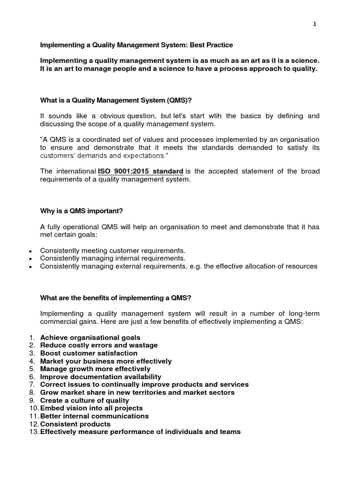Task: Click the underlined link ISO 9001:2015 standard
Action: point(140,172)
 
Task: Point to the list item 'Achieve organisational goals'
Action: point(90,337)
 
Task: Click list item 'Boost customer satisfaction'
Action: point(89,353)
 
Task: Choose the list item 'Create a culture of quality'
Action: point(84,401)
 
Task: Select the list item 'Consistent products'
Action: point(75,424)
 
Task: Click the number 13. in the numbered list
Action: point(33,432)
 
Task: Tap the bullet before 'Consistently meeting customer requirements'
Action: point(30,251)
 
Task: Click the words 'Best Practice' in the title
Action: point(211,45)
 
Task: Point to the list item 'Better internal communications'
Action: point(94,416)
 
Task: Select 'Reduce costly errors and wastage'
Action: point(99,345)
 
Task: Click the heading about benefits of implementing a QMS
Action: point(116,298)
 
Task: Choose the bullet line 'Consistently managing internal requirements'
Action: point(112,258)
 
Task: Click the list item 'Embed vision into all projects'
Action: point(91,408)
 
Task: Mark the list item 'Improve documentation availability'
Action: point(100,377)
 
